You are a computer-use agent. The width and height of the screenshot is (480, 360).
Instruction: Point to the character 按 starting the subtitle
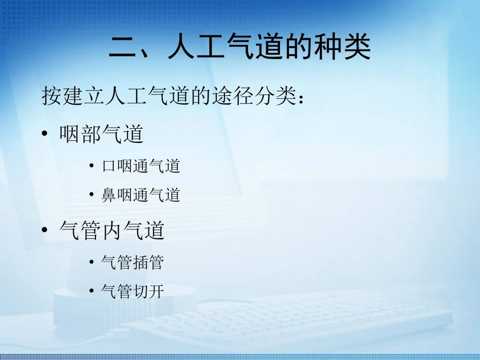[52, 96]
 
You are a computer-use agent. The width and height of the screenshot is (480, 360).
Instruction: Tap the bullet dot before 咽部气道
[45, 134]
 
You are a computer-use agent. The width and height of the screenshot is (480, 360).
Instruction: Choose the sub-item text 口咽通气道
[141, 166]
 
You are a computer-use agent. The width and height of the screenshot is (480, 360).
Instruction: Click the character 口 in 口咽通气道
[109, 166]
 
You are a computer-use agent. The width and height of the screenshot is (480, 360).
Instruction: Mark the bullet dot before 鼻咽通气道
[91, 195]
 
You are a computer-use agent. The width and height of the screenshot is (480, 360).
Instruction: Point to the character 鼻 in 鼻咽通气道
[109, 195]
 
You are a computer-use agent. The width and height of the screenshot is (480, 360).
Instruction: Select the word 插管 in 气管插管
[149, 262]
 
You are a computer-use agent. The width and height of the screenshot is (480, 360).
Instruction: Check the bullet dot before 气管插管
[91, 262]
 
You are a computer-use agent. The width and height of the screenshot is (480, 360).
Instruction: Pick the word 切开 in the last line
[149, 291]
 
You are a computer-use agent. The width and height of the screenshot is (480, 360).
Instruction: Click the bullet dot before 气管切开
[91, 291]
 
